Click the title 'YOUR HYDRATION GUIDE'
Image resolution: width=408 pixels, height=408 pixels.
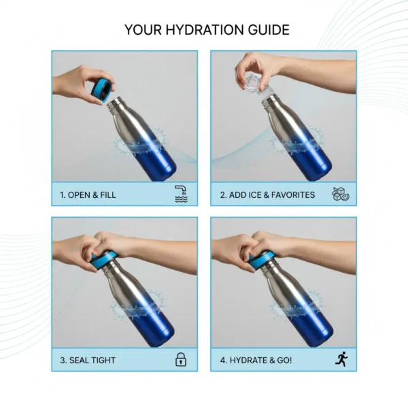207,30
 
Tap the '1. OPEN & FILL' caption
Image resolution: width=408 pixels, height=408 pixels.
88,194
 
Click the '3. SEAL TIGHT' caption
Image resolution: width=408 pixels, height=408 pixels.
88,360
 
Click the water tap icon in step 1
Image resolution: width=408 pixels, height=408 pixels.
181,194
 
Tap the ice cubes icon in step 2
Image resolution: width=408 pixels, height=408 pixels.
340,194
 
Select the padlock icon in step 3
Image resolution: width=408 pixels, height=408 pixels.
181,360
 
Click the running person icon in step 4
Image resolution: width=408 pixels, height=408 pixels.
341,359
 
